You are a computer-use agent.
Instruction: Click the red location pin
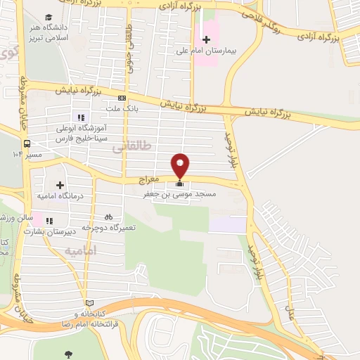tap(181, 165)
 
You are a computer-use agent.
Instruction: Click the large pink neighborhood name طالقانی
tap(151, 146)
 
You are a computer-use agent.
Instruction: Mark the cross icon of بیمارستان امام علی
tap(205, 39)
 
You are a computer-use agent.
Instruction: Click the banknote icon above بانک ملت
tap(122, 98)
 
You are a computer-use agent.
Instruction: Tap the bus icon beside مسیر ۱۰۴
tap(26, 143)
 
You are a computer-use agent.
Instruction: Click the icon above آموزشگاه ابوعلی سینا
tap(82, 117)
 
